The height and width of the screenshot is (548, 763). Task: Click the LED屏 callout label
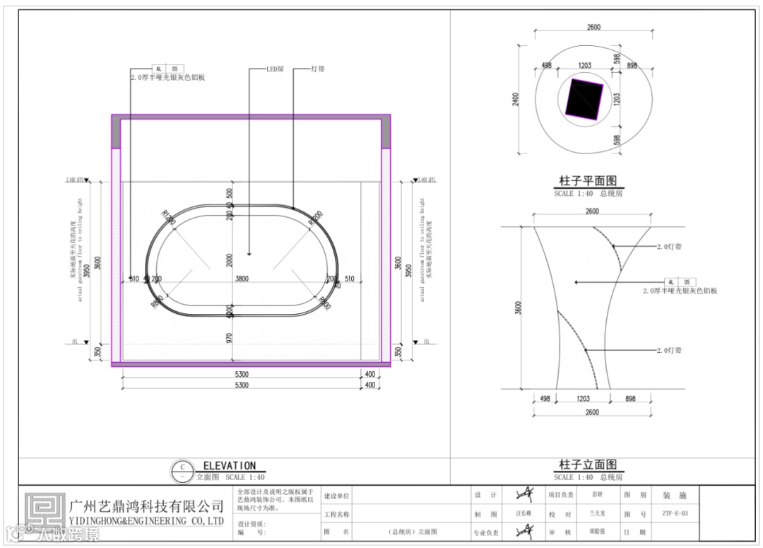[x=275, y=70]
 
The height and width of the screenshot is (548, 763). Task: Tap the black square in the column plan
[x=584, y=99]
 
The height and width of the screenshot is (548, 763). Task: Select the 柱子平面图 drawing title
[x=587, y=181]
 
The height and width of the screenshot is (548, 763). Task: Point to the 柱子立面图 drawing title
[x=587, y=465]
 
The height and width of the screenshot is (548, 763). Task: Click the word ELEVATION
[x=229, y=466]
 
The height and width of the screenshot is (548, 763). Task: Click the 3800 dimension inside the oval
[x=242, y=279]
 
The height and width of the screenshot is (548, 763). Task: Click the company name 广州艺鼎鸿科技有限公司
[x=147, y=506]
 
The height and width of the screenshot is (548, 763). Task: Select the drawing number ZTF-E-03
[x=675, y=514]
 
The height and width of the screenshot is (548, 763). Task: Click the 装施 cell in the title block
[x=670, y=496]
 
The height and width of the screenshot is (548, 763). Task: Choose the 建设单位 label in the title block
[x=336, y=496]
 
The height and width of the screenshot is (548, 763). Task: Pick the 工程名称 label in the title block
[x=336, y=514]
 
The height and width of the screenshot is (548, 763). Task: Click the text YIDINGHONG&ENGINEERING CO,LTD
[x=147, y=521]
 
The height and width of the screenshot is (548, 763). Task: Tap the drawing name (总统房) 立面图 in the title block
[x=413, y=532]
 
